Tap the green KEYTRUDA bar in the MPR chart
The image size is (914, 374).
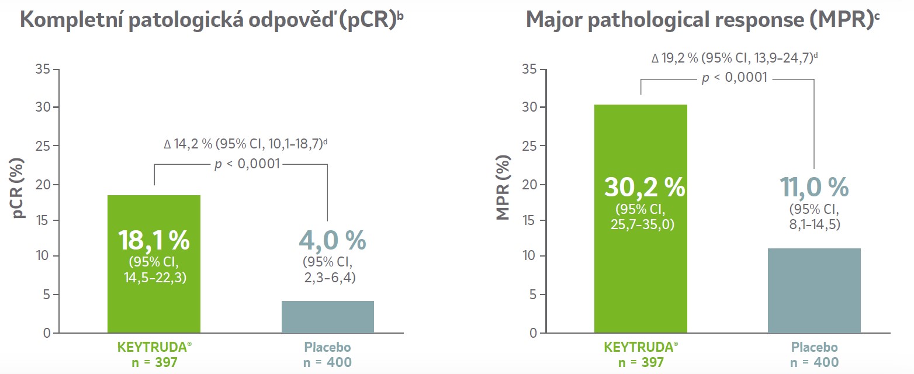[x=641, y=280]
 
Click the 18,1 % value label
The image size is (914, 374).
[x=154, y=240]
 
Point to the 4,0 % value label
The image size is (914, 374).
[x=332, y=240]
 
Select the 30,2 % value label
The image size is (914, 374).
[x=644, y=188]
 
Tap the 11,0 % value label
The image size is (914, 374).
[x=814, y=188]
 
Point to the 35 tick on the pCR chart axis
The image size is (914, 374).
[x=44, y=70]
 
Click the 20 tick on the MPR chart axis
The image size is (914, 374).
[x=528, y=185]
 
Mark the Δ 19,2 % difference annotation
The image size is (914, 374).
[x=735, y=58]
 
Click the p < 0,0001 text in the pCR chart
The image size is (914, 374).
[x=247, y=164]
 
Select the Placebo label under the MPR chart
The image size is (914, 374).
[x=814, y=348]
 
